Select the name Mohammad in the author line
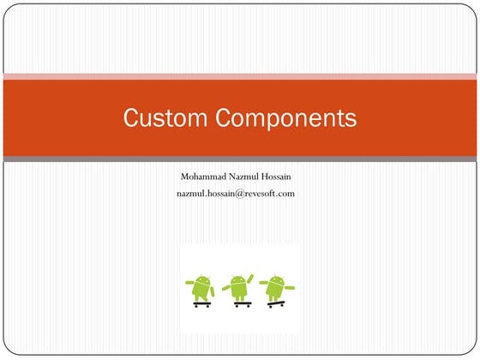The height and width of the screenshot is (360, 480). click(207, 177)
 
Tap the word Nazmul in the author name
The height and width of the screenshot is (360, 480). click(250, 177)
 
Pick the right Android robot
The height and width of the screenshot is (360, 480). click(275, 289)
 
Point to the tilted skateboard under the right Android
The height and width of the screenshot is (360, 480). click(275, 303)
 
